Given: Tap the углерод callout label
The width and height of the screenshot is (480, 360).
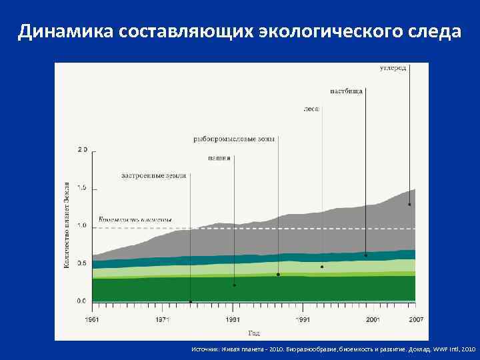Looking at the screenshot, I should click(393, 69).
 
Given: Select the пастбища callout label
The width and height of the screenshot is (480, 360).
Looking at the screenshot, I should click(347, 91).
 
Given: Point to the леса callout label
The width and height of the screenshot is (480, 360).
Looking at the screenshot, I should click(312, 107).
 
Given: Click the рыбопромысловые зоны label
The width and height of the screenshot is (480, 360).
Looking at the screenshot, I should click(234, 139).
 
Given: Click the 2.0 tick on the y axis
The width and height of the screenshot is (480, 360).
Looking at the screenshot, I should click(82, 149).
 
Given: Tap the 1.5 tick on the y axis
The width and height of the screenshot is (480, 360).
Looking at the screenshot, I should click(82, 189).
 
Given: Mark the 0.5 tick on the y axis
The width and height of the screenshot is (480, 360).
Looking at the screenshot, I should click(82, 263).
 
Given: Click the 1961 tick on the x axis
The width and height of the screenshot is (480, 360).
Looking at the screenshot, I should click(93, 319).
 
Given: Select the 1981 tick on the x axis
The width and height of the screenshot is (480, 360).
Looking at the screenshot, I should click(233, 319).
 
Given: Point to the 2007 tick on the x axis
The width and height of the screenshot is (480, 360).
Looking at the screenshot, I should click(417, 319).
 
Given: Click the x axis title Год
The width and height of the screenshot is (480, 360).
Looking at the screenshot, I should click(254, 333).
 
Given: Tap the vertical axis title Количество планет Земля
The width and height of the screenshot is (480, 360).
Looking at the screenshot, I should click(67, 225).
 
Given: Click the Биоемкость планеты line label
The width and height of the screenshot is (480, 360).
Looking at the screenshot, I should click(135, 219).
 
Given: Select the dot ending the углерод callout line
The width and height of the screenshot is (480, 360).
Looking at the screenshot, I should click(409, 205).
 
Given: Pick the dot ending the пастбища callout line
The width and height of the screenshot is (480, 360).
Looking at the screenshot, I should click(366, 255).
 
